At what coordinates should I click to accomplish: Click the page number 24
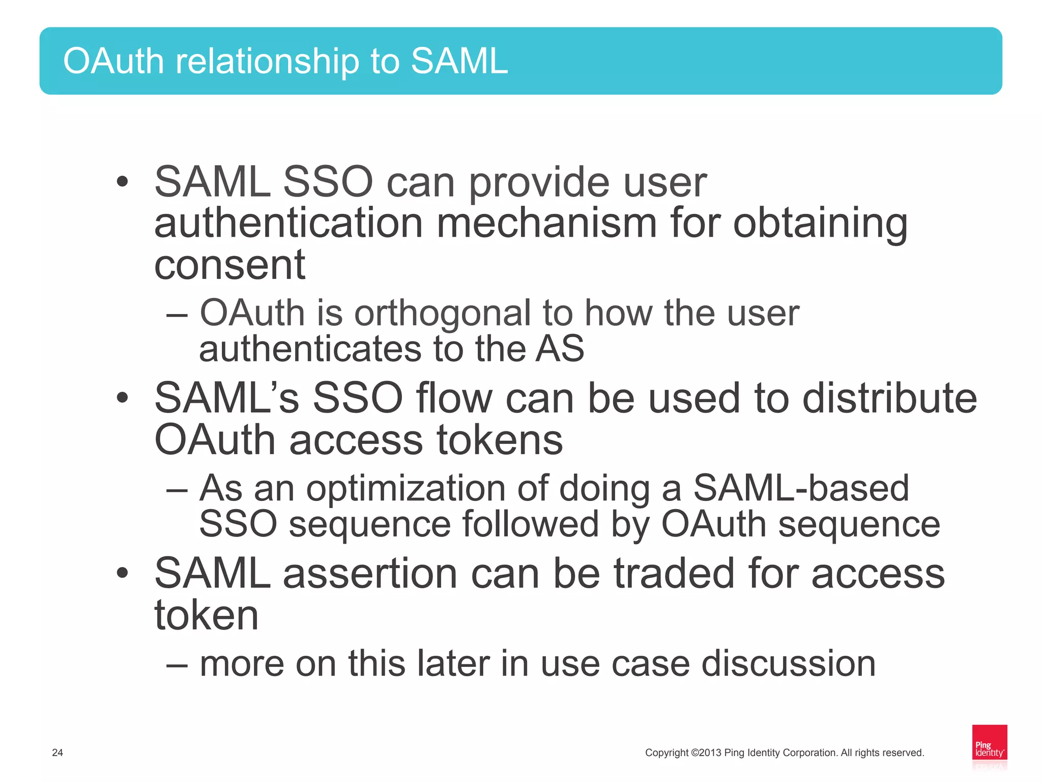(x=57, y=752)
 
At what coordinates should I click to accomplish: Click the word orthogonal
(x=442, y=313)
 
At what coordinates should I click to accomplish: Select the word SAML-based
(x=801, y=488)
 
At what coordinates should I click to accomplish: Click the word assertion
(x=370, y=573)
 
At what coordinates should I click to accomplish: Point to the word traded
(x=674, y=573)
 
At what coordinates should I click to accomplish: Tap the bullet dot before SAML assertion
(x=122, y=573)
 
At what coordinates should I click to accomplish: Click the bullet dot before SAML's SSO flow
(x=122, y=398)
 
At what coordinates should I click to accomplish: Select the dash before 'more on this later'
(x=177, y=664)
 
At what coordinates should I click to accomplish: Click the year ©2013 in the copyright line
(x=706, y=752)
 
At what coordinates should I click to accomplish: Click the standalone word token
(x=207, y=616)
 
